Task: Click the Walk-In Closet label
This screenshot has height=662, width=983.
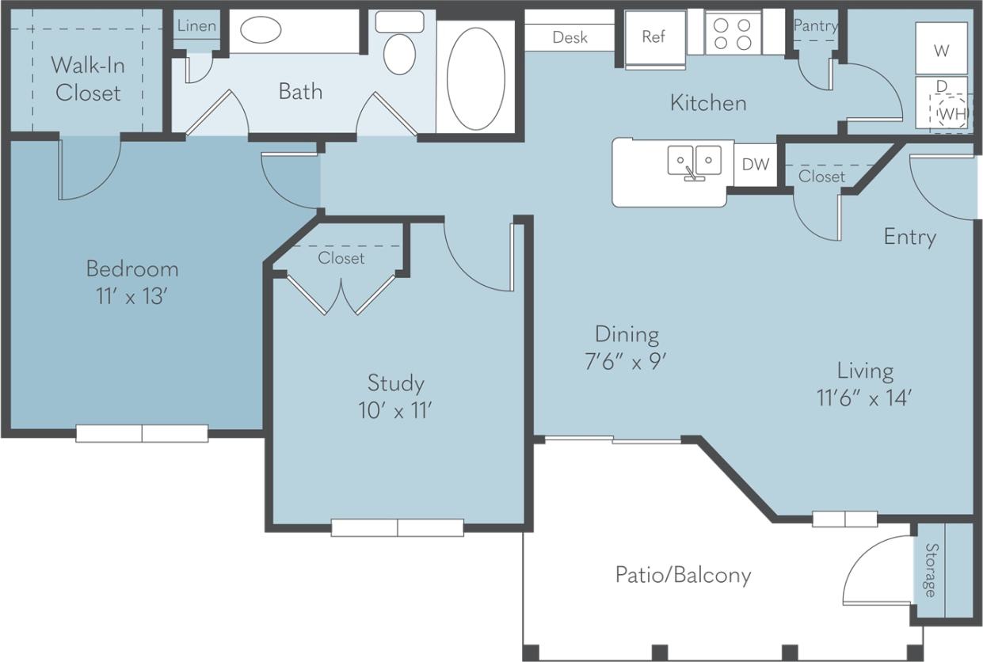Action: tap(88, 78)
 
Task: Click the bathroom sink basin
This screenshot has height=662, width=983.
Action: tap(260, 32)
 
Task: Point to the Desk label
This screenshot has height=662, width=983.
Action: tap(570, 37)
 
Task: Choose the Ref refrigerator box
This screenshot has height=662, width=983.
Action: tap(653, 37)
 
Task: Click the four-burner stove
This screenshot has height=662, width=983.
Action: tap(732, 34)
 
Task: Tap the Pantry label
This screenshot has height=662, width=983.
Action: tap(815, 25)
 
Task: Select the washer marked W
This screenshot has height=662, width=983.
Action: tap(941, 49)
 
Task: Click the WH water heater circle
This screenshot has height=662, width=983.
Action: tap(951, 113)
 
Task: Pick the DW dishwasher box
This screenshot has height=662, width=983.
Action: tap(756, 165)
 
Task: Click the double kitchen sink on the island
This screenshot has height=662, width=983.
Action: tap(695, 162)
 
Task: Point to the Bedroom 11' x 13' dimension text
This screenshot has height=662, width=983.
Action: tap(131, 297)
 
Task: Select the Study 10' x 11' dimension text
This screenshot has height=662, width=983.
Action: tap(395, 411)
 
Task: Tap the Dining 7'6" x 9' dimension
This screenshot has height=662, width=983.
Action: tap(627, 361)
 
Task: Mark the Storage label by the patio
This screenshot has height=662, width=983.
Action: tap(932, 570)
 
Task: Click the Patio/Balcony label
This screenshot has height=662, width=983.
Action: tap(683, 574)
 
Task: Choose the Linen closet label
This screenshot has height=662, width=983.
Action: tap(196, 25)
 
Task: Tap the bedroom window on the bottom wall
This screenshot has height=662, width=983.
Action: tap(142, 433)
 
